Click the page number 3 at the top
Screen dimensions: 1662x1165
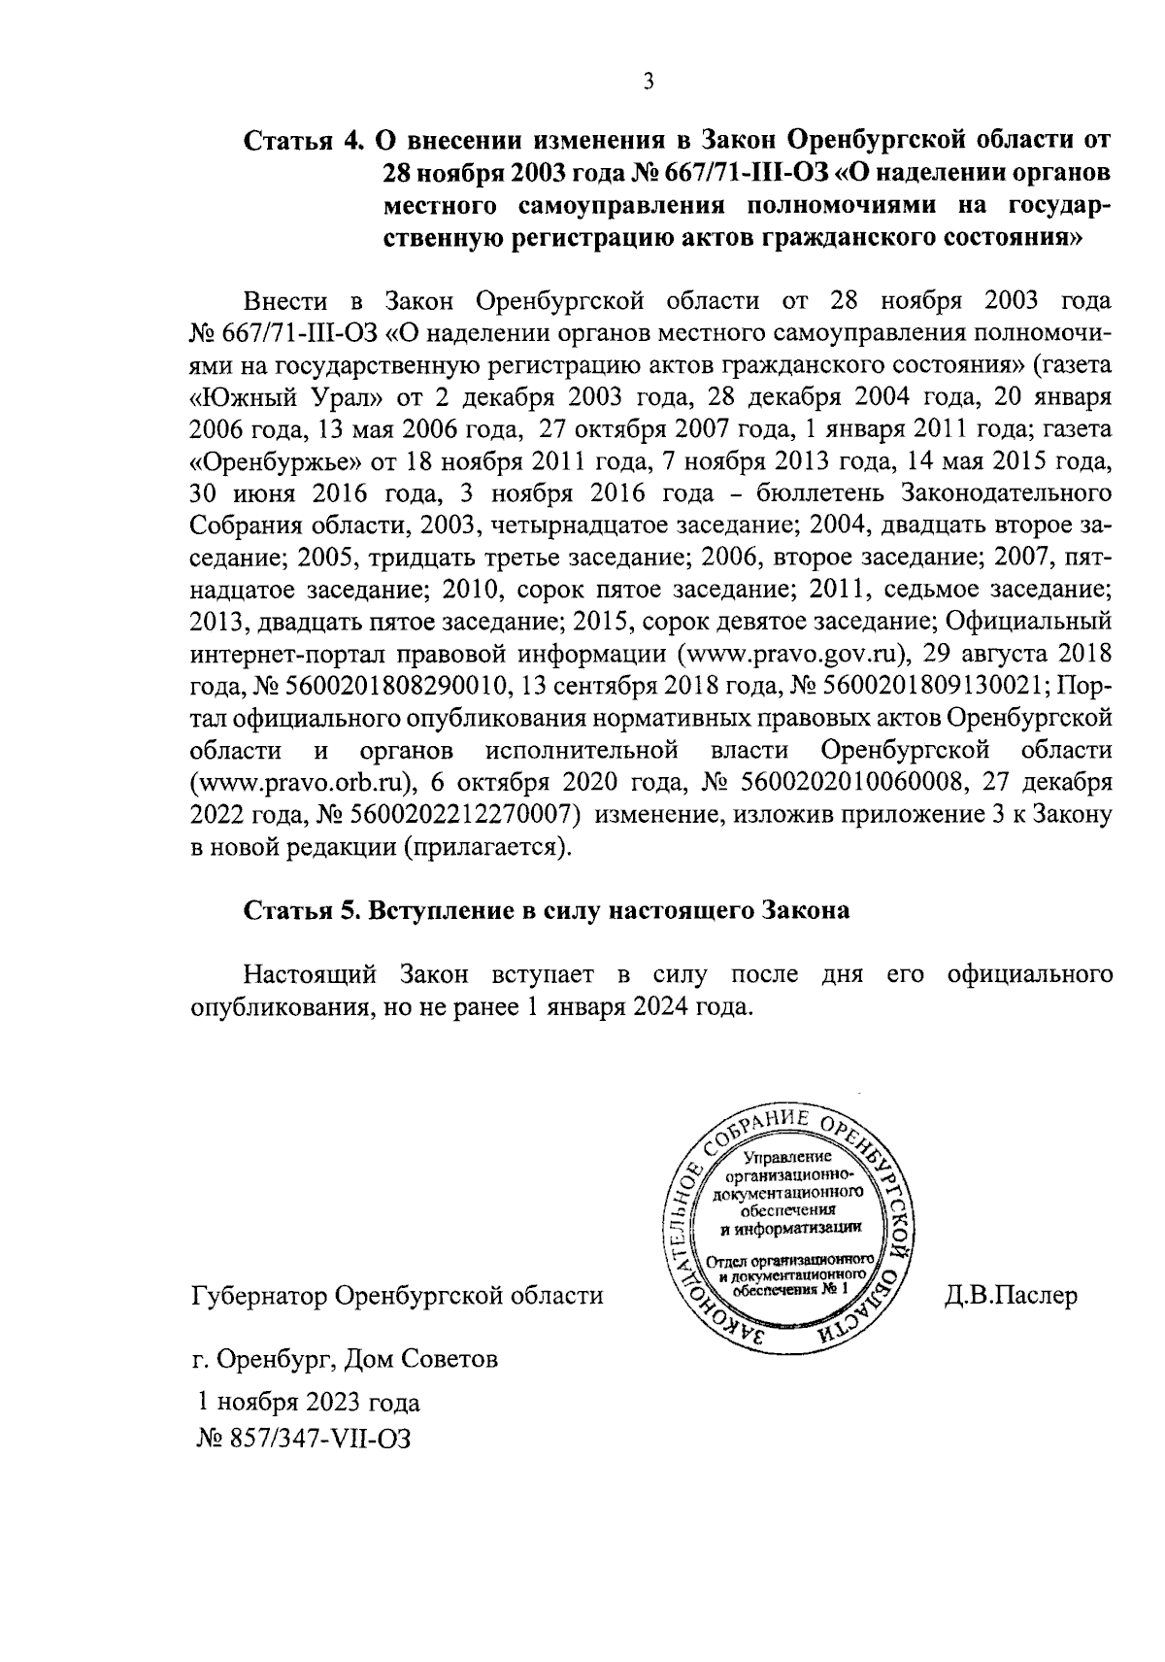(x=649, y=82)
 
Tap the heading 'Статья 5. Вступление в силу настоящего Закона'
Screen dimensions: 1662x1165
(x=547, y=910)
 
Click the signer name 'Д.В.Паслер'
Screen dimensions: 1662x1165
(x=1011, y=1296)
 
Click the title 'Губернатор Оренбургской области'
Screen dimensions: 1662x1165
(x=397, y=1296)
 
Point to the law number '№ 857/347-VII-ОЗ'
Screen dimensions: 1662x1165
(x=304, y=1439)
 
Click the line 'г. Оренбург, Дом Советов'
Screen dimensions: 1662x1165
(x=346, y=1358)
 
